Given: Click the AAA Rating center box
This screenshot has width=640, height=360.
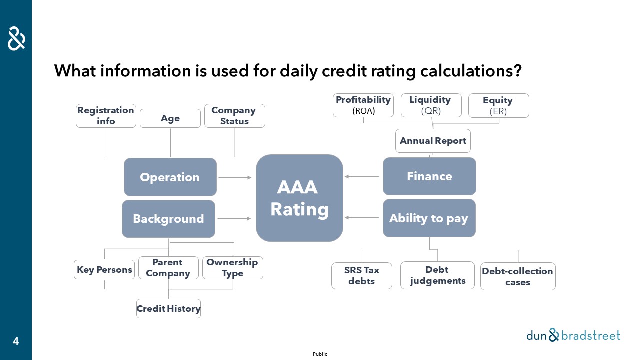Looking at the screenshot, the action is pos(299,198).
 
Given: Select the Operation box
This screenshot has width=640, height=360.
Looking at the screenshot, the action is pos(170,177).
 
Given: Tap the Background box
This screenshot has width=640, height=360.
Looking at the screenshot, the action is pos(168,219).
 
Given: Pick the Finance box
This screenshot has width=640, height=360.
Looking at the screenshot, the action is pos(429,176).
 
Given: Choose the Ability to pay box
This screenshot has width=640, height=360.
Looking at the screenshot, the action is pos(429,218).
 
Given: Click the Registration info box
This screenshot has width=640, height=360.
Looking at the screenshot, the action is pos(106,116).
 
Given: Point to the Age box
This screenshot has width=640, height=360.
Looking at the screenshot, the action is pos(170,118).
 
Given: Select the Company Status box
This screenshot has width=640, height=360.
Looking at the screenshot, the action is pos(235,116).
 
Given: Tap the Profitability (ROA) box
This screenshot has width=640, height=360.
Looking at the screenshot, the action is pos(363,105).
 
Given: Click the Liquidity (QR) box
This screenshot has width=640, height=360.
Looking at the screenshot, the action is pos(431,105).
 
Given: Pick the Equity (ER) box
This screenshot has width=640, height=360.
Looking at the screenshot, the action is pos(499,105).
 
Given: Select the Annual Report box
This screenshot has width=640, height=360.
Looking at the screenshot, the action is pos(433,141).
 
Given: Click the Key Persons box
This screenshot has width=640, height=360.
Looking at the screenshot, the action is pos(104,269).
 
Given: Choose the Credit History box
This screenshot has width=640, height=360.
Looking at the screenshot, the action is pos(168,309).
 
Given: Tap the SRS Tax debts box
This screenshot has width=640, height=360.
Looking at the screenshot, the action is pos(362,276).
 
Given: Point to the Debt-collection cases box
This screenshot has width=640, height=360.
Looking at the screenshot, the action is pos(518,276).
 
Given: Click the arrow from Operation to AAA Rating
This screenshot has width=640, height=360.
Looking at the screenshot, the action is pos(235,177).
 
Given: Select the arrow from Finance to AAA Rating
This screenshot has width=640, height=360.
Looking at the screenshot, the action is pos(362,177).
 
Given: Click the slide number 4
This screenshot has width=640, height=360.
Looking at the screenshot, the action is pos(16,341).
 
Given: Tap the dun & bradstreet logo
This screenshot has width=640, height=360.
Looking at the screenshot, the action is pos(573,335).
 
